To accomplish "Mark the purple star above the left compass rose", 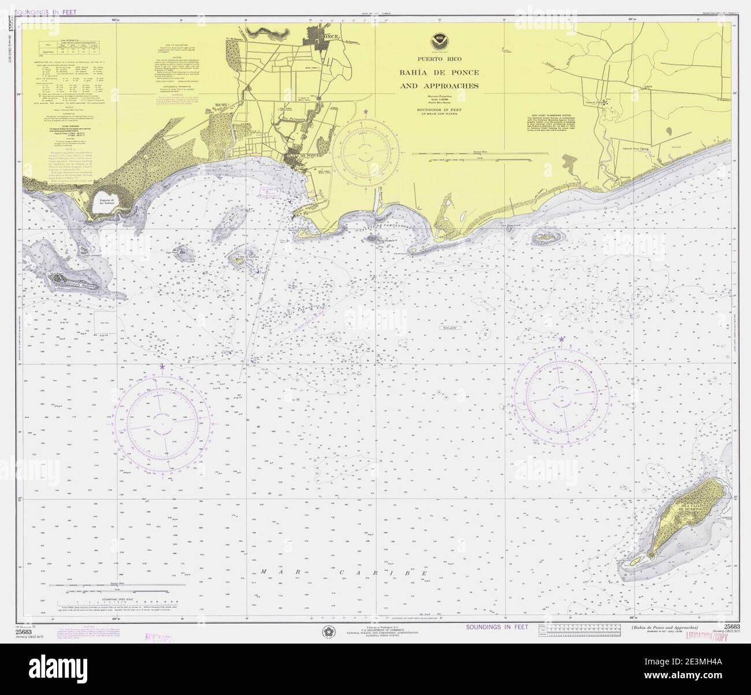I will click(x=162, y=366).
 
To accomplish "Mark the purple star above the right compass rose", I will click(x=562, y=339).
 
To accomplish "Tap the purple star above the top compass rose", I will click(x=365, y=111).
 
